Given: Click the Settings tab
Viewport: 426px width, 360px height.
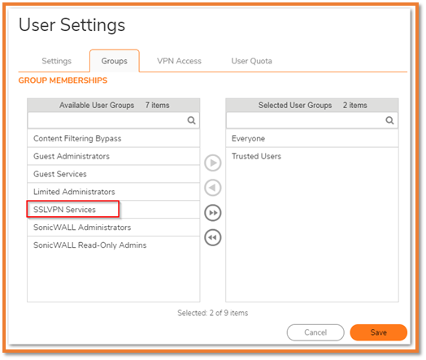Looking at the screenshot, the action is pyautogui.click(x=57, y=61).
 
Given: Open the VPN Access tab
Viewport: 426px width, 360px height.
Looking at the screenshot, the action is pyautogui.click(x=179, y=61).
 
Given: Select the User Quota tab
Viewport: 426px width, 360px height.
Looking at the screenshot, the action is pyautogui.click(x=251, y=61).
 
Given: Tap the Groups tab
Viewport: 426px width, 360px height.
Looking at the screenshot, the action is pyautogui.click(x=115, y=61).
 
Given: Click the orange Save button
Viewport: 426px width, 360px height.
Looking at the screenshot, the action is pyautogui.click(x=379, y=332).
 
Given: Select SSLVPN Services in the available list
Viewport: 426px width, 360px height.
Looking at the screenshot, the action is pyautogui.click(x=64, y=210).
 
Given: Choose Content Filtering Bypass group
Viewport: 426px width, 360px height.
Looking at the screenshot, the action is pyautogui.click(x=77, y=138).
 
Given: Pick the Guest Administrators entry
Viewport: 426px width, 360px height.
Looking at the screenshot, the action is pyautogui.click(x=72, y=156).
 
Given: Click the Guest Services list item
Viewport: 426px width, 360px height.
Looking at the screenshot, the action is pyautogui.click(x=60, y=174).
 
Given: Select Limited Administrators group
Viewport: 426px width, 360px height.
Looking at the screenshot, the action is pyautogui.click(x=74, y=192).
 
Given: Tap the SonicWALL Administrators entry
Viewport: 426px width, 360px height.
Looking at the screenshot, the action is pyautogui.click(x=82, y=228).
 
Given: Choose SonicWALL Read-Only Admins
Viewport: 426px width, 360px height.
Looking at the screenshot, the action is pyautogui.click(x=89, y=245).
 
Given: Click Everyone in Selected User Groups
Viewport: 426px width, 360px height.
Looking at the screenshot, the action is pyautogui.click(x=248, y=138).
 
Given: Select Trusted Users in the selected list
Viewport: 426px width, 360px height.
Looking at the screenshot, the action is pyautogui.click(x=256, y=156).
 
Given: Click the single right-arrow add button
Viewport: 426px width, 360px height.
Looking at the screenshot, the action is pyautogui.click(x=213, y=163).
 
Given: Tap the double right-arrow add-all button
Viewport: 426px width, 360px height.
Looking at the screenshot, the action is pyautogui.click(x=213, y=213).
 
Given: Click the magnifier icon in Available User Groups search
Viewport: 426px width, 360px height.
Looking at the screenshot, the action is pyautogui.click(x=191, y=120).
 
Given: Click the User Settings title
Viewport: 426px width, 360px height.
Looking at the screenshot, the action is pyautogui.click(x=72, y=25).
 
